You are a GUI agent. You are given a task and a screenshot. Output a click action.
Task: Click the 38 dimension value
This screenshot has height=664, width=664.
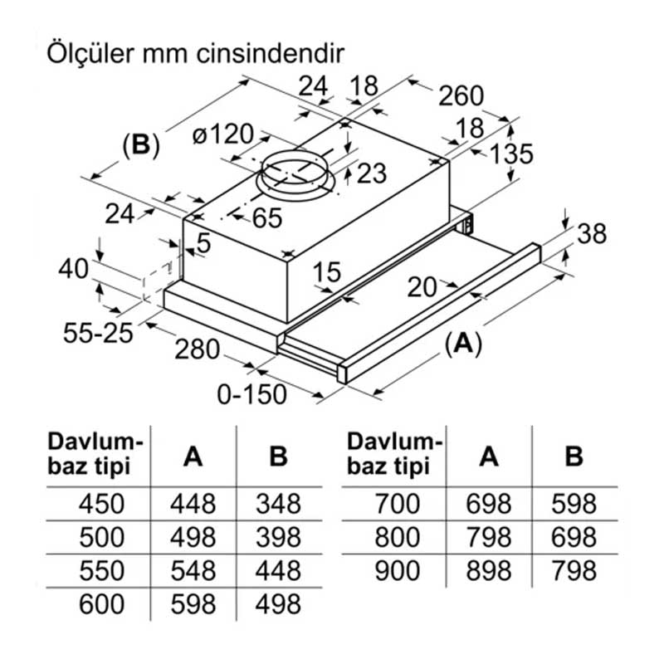point(591,234)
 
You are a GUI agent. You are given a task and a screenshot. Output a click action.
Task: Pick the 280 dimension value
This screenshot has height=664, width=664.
point(198,349)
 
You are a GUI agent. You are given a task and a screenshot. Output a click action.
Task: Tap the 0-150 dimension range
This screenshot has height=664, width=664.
point(254,393)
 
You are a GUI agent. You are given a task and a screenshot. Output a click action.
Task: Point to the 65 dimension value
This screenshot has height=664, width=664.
point(266,218)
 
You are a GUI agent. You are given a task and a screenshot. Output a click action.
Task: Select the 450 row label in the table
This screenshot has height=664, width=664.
point(100,504)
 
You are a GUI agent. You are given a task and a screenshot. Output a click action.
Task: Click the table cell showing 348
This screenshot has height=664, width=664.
point(278,504)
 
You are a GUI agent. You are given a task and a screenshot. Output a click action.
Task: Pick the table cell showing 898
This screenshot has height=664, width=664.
point(490,570)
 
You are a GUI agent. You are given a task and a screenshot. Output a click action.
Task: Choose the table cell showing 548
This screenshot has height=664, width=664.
point(193,570)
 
